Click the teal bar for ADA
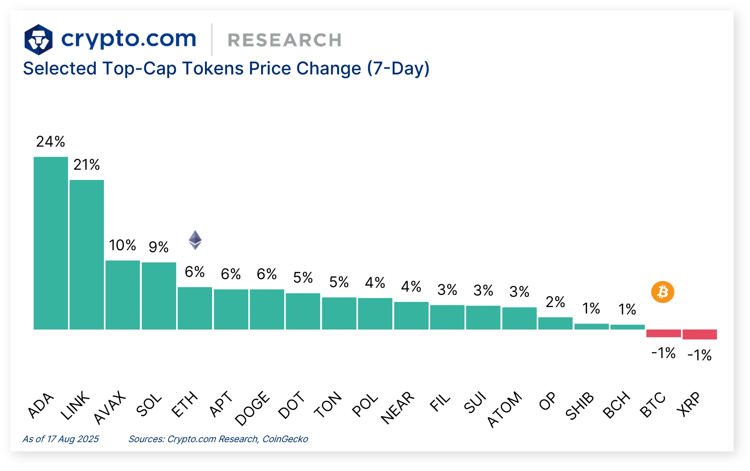[51, 243]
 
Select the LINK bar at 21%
[87, 254]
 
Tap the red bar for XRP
[700, 334]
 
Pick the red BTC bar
[663, 333]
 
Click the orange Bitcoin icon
[663, 292]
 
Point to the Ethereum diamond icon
[195, 240]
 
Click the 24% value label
[50, 141]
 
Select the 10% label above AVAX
[122, 245]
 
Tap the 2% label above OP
[555, 302]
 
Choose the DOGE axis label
[252, 408]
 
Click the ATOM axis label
[505, 409]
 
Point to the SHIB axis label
[580, 406]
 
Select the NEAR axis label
[397, 408]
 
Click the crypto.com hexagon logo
[38, 39]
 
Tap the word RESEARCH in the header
[284, 40]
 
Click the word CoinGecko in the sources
[285, 439]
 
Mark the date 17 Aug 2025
[73, 439]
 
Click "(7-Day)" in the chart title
[398, 68]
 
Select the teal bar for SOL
[159, 295]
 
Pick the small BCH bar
[627, 327]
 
